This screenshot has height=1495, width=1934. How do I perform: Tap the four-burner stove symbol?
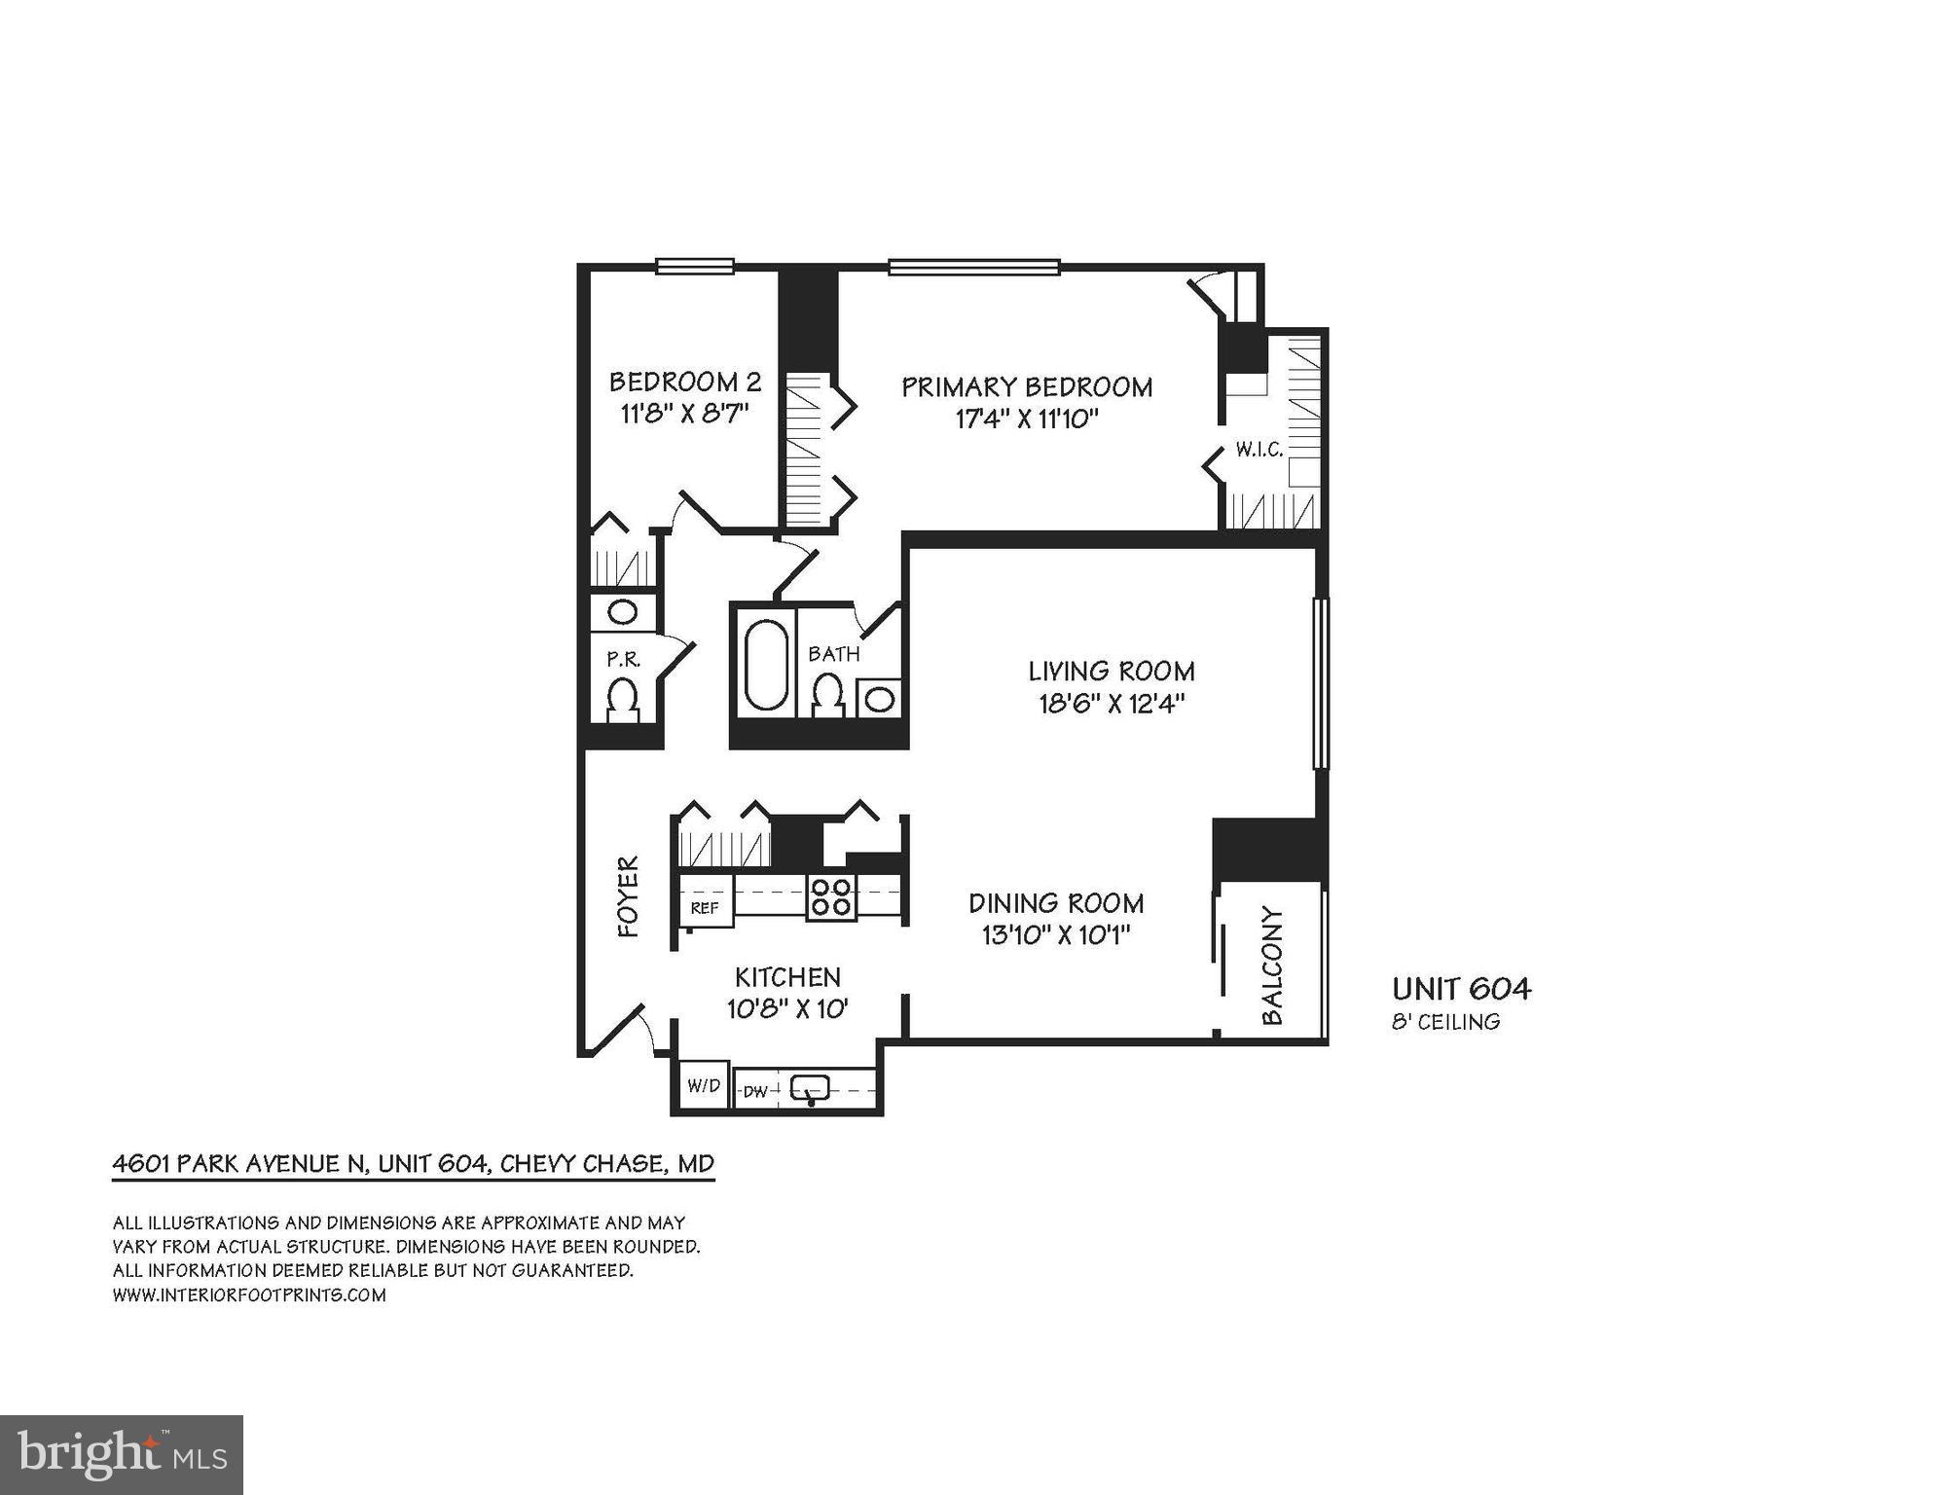click(x=831, y=896)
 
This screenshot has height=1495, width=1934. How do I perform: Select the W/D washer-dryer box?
click(x=703, y=1085)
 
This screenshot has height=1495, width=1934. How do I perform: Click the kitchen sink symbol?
click(x=809, y=1088)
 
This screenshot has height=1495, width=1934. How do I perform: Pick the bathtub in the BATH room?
click(x=766, y=664)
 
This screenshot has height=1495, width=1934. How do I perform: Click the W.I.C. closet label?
click(x=1259, y=450)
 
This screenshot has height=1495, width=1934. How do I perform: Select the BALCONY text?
click(x=1272, y=966)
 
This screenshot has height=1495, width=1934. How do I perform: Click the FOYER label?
click(x=629, y=896)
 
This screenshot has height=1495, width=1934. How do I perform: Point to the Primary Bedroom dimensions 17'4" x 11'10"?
click(x=1027, y=419)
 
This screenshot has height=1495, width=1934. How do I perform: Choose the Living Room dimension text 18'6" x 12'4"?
click(x=1111, y=704)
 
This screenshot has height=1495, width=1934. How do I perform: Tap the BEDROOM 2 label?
click(x=684, y=382)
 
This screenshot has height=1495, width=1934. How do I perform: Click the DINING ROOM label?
click(x=1056, y=903)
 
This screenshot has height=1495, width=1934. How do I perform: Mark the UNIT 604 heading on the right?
click(x=1461, y=989)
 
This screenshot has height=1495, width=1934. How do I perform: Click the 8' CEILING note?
click(x=1445, y=1022)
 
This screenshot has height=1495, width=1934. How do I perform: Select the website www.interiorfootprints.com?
click(x=249, y=1295)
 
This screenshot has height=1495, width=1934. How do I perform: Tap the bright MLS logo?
click(x=122, y=1454)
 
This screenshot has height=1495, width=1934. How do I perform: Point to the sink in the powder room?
click(x=622, y=612)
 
